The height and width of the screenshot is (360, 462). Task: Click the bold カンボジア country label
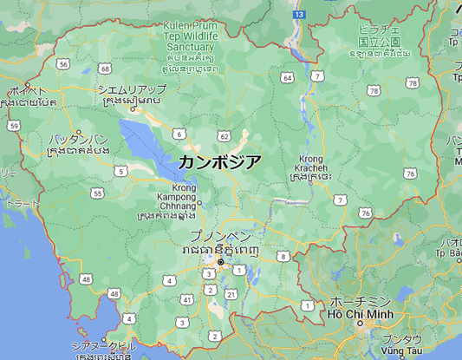click(x=220, y=161)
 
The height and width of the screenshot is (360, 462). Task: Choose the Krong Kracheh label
click(x=310, y=163)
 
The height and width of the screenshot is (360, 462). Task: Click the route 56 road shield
click(x=63, y=63)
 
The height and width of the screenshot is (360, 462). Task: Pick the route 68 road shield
click(x=104, y=68)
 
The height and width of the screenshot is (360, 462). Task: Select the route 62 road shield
click(x=224, y=136)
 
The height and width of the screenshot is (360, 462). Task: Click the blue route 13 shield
click(x=298, y=15)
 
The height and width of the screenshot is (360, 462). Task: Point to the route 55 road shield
click(x=97, y=193)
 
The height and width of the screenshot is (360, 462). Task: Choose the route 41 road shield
click(x=186, y=299)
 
